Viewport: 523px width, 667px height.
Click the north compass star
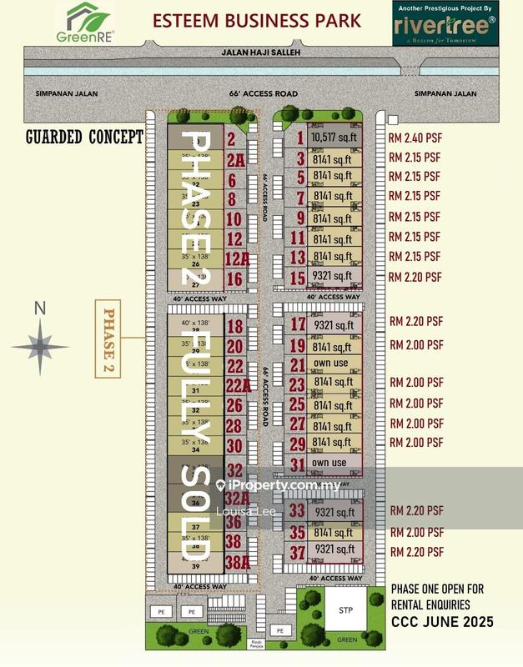38,343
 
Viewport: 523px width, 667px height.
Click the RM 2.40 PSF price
415,138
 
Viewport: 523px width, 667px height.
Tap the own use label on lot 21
329,364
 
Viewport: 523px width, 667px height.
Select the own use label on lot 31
329,463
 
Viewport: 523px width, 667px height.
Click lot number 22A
237,385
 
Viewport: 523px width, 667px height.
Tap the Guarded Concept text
83,137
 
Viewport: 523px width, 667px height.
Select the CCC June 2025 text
442,621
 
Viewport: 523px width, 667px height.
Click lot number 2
231,140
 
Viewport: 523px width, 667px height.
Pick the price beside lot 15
415,277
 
